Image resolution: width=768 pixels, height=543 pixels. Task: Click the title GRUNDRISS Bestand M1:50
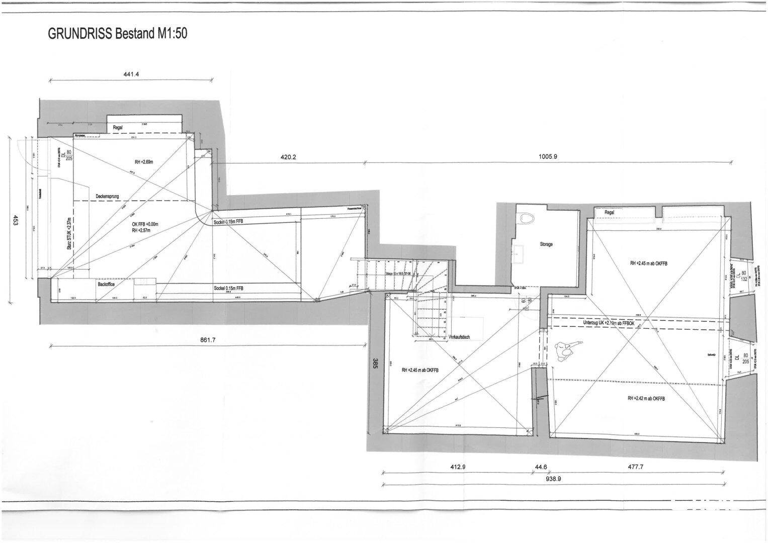(117, 34)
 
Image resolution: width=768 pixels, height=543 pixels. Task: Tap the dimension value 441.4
(131, 74)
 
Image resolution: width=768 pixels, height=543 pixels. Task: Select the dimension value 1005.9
(548, 156)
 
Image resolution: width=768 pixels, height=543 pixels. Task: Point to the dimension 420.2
(288, 157)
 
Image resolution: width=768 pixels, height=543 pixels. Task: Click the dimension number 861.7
(208, 340)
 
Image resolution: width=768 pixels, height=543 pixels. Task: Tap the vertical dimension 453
(16, 220)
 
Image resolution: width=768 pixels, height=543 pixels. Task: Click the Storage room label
(546, 244)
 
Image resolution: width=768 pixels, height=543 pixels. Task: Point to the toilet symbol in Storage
(527, 218)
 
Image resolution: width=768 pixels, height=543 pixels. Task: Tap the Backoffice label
(106, 285)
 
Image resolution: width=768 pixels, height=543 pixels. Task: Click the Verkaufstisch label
(459, 337)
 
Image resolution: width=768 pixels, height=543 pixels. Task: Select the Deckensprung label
(108, 196)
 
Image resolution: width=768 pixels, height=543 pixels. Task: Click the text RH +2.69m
(144, 162)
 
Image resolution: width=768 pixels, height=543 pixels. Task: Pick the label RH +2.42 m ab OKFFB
(646, 399)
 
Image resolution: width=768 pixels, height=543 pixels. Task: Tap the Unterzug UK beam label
(609, 323)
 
